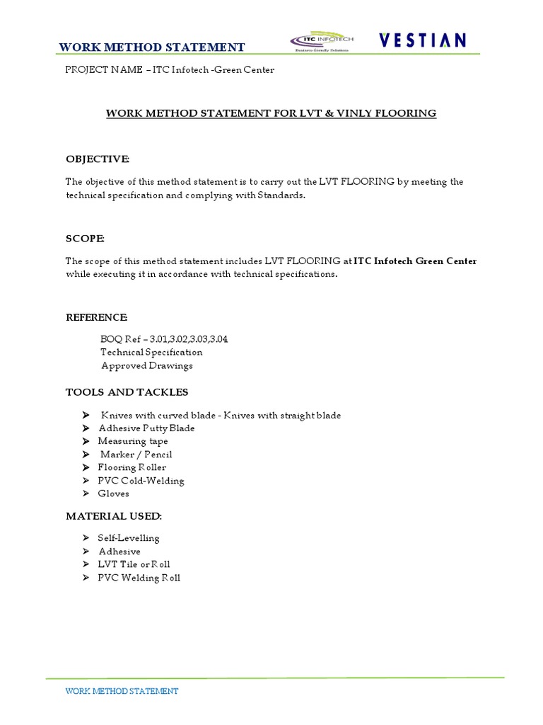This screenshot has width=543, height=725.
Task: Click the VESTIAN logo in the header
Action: [x=422, y=40]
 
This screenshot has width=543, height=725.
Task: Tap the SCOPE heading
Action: [x=85, y=239]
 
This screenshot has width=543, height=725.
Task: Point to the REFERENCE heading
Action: [x=96, y=316]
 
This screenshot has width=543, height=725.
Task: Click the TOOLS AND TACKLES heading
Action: [x=127, y=392]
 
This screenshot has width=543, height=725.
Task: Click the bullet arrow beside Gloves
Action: [x=85, y=493]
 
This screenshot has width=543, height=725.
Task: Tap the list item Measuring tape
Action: [x=133, y=441]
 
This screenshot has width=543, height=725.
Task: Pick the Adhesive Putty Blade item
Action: [x=146, y=428]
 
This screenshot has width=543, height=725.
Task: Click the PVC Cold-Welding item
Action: [x=141, y=481]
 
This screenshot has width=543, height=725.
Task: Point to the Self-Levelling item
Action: [x=129, y=538]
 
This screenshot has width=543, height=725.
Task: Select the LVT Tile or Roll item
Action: [x=134, y=564]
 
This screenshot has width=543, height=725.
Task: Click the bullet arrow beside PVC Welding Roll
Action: [x=85, y=578]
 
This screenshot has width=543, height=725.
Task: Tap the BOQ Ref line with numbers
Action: [x=164, y=339]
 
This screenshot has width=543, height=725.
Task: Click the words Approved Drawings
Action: [x=146, y=365]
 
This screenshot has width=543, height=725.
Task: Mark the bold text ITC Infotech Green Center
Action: [x=415, y=261]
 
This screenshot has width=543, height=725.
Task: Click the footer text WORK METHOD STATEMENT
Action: [x=122, y=691]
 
